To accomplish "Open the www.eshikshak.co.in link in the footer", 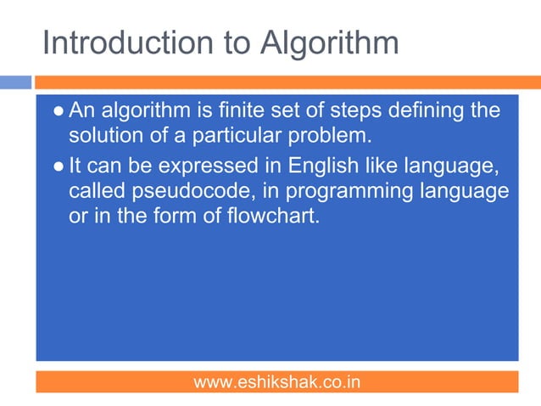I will tap(276, 382).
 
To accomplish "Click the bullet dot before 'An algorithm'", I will tap(58, 112).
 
